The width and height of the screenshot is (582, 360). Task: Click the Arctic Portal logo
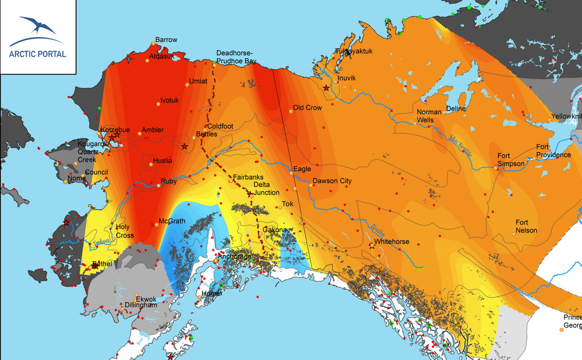(x=38, y=37)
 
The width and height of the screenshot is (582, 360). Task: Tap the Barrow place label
(x=166, y=40)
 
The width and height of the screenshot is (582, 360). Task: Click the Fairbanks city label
(x=248, y=177)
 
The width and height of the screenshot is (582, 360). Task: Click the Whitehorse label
(x=392, y=242)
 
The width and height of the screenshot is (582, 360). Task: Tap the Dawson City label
(x=332, y=181)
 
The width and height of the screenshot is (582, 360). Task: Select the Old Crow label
(x=307, y=107)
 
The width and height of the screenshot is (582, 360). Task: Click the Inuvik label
(x=346, y=78)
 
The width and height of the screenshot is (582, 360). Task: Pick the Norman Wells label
(x=429, y=116)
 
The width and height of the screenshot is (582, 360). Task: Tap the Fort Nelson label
(x=526, y=226)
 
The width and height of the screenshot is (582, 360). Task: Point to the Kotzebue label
(x=115, y=130)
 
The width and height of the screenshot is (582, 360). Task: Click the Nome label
(x=76, y=178)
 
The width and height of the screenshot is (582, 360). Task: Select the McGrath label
(x=171, y=221)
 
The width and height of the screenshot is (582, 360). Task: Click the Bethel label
(x=102, y=264)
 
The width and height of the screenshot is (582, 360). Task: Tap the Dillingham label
(x=140, y=305)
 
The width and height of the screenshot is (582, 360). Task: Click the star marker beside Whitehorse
(x=372, y=246)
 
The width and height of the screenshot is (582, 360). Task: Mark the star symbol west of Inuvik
(x=326, y=88)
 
